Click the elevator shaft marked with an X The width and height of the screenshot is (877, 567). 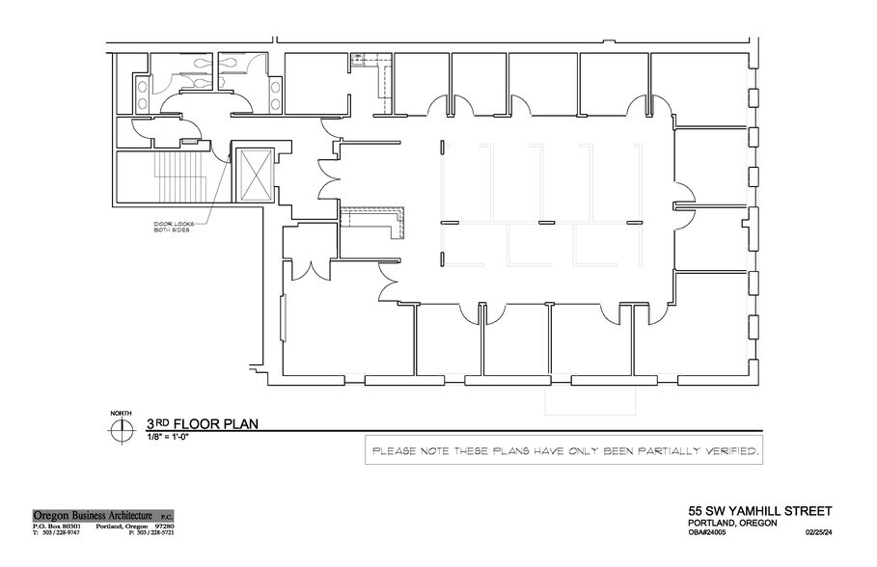(255, 175)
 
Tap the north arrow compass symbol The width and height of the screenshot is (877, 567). (121, 431)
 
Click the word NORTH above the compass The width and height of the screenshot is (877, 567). (121, 414)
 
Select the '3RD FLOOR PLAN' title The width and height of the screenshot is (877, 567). (201, 423)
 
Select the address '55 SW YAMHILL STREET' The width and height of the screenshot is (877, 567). (759, 510)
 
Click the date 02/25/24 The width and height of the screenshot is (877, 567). (816, 532)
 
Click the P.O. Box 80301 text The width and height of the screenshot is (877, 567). (59, 525)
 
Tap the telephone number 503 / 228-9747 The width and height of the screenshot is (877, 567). (61, 532)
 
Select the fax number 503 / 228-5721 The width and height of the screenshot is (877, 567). (154, 532)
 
